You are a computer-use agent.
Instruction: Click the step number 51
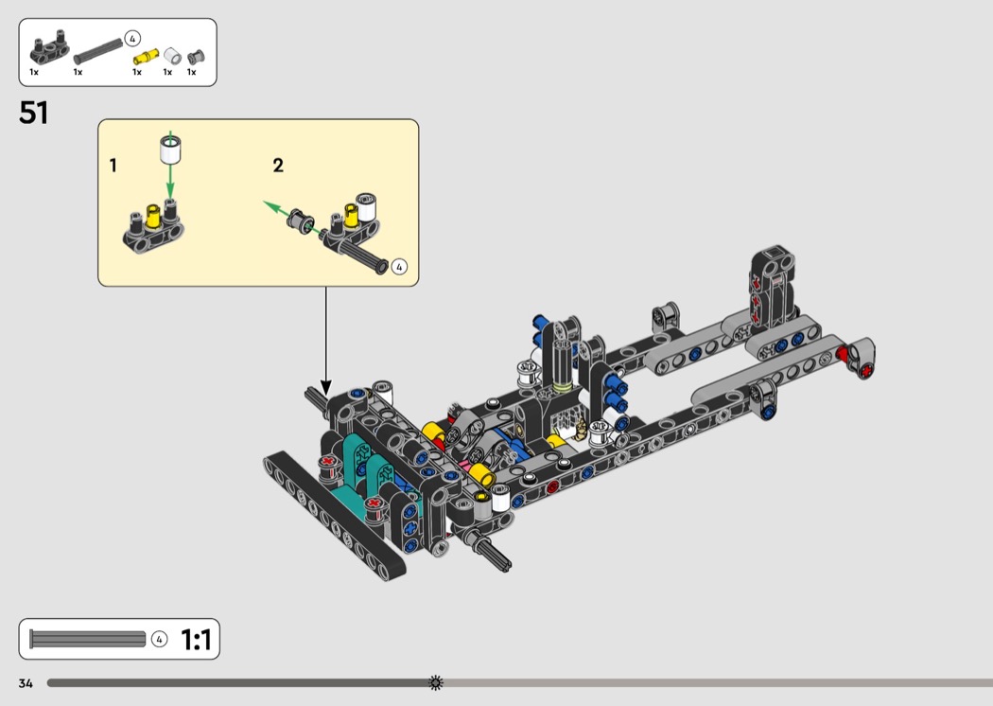pos(33,113)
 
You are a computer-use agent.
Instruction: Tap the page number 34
pos(26,683)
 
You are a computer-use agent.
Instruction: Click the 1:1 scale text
pos(196,640)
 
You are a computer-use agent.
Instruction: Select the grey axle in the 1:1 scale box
pos(87,639)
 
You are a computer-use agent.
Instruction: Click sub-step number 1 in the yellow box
pos(113,166)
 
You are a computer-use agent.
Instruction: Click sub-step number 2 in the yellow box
pos(278,166)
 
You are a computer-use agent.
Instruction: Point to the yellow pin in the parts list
pos(146,57)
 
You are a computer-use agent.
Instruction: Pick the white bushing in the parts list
pos(172,56)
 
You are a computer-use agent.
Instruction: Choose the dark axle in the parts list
pos(98,51)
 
